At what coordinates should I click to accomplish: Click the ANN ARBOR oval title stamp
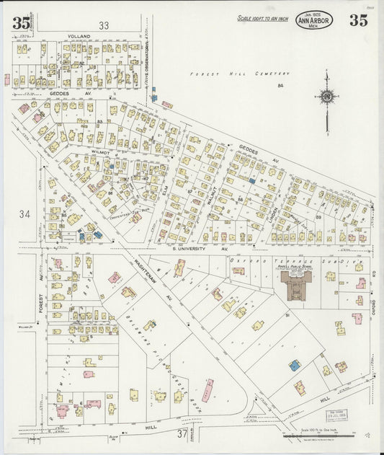click(314, 22)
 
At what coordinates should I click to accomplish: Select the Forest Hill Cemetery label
click(240, 74)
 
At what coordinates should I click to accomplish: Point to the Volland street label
click(79, 35)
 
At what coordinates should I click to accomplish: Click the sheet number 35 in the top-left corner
click(21, 22)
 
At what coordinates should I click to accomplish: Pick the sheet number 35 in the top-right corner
click(358, 20)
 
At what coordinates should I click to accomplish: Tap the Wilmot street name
click(100, 153)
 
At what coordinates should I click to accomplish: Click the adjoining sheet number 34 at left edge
click(26, 213)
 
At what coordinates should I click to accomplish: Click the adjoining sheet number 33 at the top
click(104, 25)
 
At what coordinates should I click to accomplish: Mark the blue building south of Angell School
click(294, 366)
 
